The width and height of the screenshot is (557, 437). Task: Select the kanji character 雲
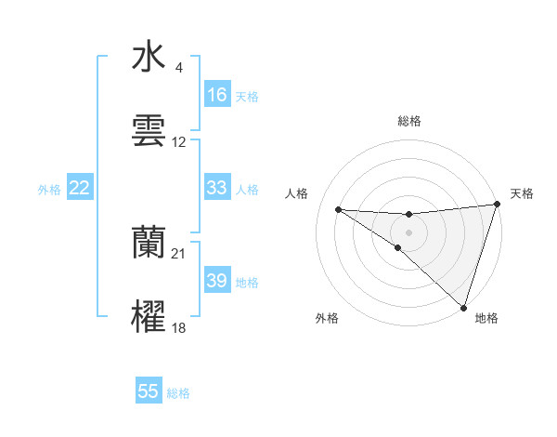(x=149, y=131)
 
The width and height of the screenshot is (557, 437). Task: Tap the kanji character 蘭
(x=149, y=242)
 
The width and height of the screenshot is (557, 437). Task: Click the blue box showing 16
(x=217, y=95)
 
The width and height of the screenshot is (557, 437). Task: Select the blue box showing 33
(x=217, y=188)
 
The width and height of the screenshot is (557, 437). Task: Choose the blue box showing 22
(x=80, y=188)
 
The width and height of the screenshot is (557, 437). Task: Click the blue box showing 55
(x=149, y=391)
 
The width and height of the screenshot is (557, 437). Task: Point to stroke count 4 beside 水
(x=179, y=68)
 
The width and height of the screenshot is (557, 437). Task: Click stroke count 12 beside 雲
(x=179, y=142)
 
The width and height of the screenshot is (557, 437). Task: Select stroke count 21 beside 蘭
(x=179, y=254)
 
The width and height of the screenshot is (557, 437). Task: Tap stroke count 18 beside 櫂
(x=179, y=328)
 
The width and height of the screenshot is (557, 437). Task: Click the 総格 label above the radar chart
(x=409, y=121)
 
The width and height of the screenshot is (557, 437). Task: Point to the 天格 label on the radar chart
(x=522, y=193)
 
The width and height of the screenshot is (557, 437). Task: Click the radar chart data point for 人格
(x=338, y=209)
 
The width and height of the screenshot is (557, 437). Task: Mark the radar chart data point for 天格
(x=498, y=205)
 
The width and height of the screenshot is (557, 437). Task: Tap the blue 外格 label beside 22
(x=49, y=189)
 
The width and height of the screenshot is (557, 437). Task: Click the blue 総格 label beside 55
(x=178, y=392)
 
